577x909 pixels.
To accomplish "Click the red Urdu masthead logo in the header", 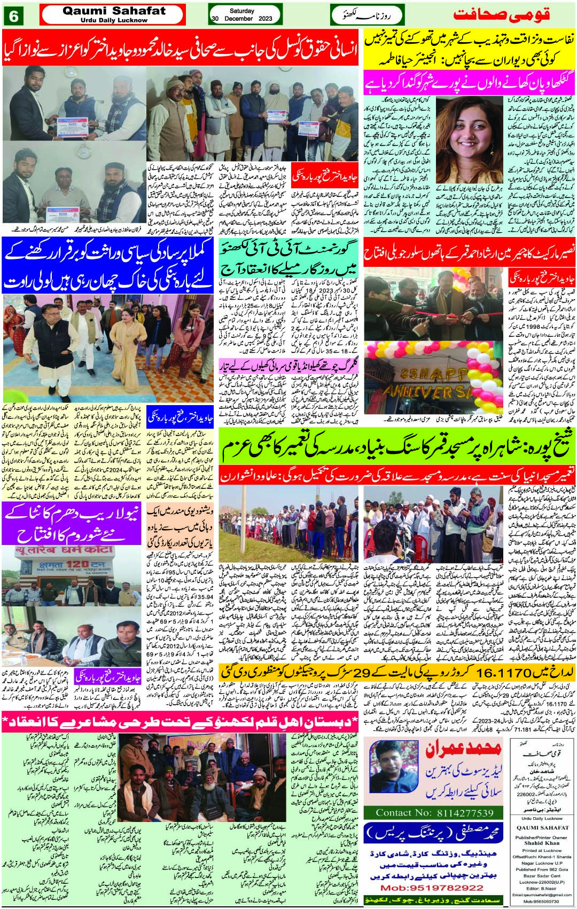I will [502, 14].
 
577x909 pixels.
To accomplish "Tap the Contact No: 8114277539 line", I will [434, 813].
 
